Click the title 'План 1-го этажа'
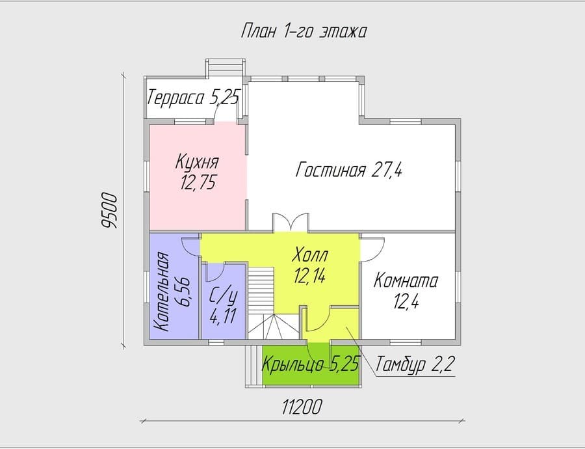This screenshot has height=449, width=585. pyautogui.click(x=304, y=31)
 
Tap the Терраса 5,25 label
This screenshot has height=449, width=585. pyautogui.click(x=193, y=98)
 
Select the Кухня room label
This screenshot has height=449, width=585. pyautogui.click(x=197, y=163)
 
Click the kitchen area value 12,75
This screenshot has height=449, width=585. pyautogui.click(x=198, y=183)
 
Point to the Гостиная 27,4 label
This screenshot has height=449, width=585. pyautogui.click(x=349, y=170)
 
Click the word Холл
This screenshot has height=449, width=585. pyautogui.click(x=311, y=254)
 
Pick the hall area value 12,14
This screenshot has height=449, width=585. pyautogui.click(x=309, y=277)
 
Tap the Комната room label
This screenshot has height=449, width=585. pyautogui.click(x=406, y=280)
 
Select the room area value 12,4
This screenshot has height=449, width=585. pyautogui.click(x=406, y=301)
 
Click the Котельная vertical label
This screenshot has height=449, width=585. pyautogui.click(x=163, y=292)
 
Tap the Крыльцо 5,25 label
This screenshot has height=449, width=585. pyautogui.click(x=311, y=364)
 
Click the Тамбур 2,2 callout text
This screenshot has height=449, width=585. pyautogui.click(x=414, y=364)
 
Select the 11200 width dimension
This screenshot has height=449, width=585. pyautogui.click(x=302, y=407)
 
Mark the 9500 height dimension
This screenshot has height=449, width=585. pyautogui.click(x=110, y=210)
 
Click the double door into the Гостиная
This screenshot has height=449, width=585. pyautogui.click(x=291, y=223)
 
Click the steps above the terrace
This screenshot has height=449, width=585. pyautogui.click(x=226, y=68)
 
